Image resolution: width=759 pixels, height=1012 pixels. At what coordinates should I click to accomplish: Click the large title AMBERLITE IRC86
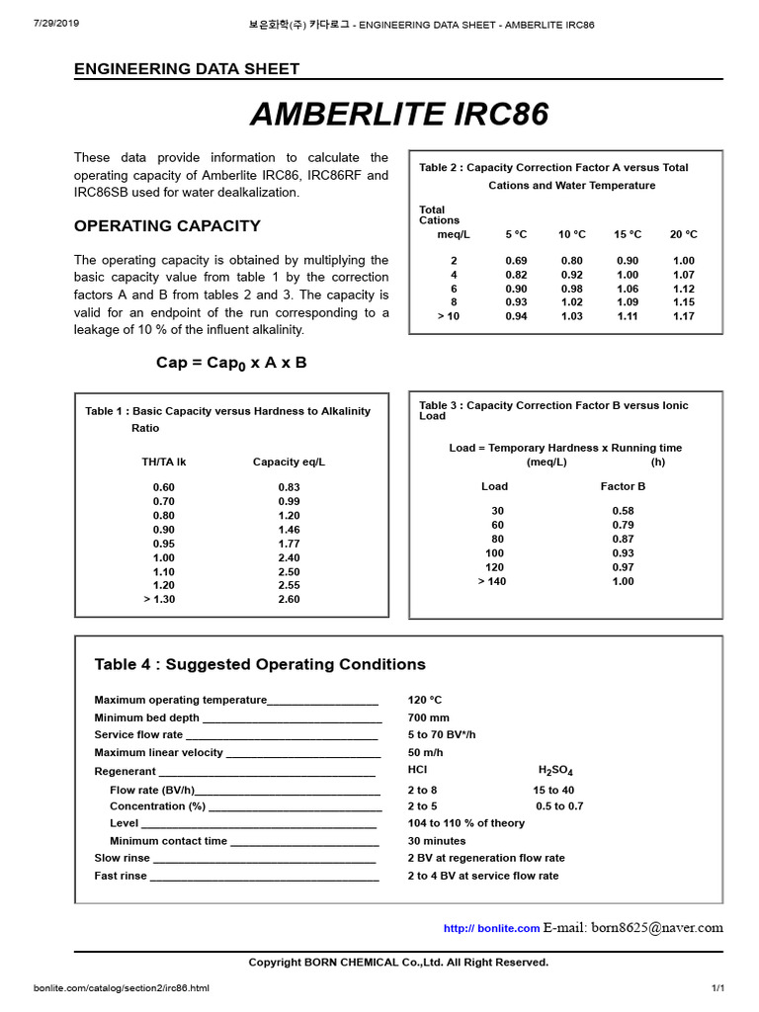click(398, 115)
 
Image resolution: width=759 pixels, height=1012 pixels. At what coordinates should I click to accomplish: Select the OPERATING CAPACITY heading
click(167, 225)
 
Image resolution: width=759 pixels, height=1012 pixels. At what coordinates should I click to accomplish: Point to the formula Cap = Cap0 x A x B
click(231, 363)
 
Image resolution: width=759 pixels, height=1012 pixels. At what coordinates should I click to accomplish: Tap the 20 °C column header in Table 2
click(683, 234)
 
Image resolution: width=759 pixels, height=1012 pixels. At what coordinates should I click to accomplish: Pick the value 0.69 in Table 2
click(515, 260)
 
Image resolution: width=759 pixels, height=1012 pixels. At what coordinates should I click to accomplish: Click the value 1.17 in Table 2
click(683, 316)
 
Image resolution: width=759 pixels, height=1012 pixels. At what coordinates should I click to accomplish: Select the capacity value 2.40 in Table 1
click(289, 557)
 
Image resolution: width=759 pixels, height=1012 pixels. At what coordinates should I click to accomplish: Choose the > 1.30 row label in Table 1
click(159, 599)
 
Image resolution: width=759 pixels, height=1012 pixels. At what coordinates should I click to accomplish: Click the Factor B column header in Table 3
click(623, 486)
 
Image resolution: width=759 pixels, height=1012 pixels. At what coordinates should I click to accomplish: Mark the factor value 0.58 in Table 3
click(623, 511)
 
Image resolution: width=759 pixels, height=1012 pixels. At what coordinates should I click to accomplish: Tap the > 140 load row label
click(493, 581)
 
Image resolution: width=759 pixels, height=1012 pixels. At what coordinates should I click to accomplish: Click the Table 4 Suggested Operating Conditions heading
click(260, 664)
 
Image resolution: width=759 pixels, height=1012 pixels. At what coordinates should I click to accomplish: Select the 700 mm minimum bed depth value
click(428, 717)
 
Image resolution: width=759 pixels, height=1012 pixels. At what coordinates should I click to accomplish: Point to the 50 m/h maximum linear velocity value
click(426, 753)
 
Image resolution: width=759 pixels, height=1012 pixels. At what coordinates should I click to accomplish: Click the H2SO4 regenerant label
click(555, 771)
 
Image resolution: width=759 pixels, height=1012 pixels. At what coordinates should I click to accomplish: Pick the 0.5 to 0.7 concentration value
click(559, 806)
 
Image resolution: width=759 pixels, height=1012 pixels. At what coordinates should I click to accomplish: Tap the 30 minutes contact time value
click(437, 841)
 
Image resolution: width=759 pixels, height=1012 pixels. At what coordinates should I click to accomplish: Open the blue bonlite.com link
click(491, 928)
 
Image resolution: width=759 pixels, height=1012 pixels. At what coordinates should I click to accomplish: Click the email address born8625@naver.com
click(657, 927)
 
